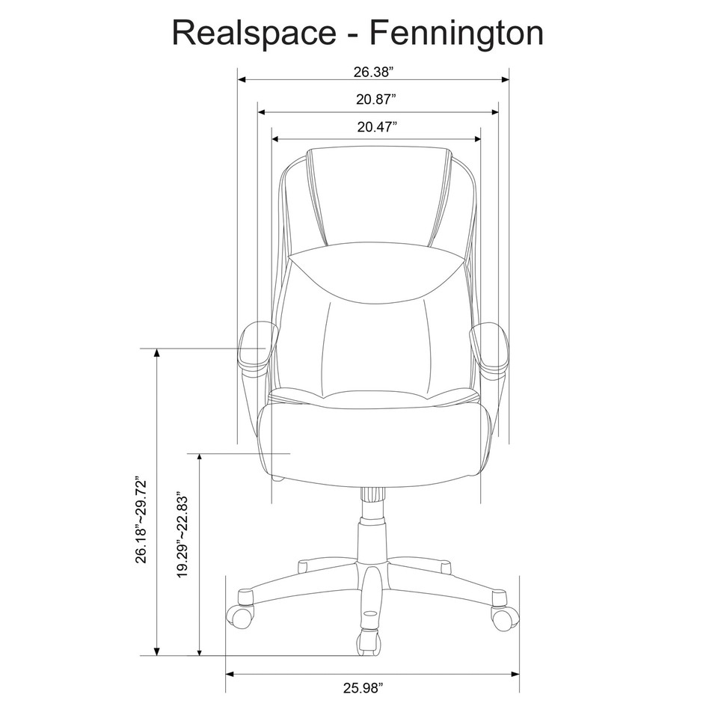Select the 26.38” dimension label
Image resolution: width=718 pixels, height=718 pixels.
pos(373,73)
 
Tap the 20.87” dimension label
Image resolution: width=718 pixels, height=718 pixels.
pos(376,99)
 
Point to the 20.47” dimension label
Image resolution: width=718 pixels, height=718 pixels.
pos(376,126)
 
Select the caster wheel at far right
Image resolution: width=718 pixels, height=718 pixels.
pos(502,616)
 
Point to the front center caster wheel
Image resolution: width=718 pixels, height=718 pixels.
pos(368,642)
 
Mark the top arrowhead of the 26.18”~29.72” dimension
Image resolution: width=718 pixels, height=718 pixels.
pos(157,354)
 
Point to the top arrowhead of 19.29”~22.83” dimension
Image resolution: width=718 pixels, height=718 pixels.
pos(199,458)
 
